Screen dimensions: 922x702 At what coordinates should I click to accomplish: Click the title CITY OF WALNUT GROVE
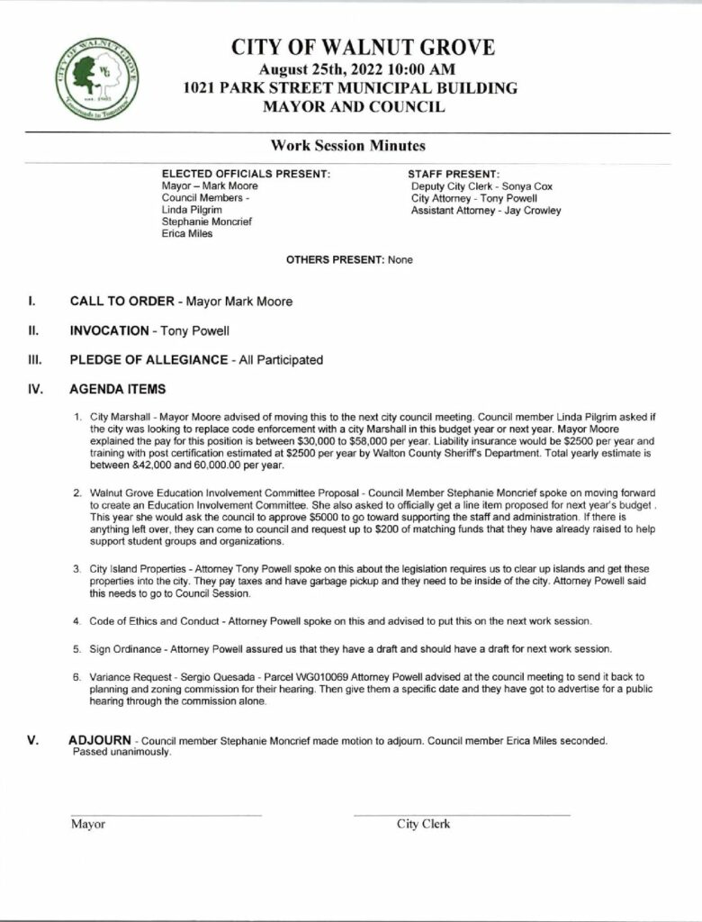363,49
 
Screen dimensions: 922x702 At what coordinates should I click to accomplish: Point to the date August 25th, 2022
310,69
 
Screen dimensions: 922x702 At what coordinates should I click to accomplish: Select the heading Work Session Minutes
348,146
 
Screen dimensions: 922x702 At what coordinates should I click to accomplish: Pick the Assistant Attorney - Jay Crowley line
486,211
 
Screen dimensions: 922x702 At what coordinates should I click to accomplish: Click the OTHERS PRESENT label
335,259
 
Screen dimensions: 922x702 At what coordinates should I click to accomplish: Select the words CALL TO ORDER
121,302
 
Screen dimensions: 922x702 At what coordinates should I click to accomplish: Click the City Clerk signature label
423,824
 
